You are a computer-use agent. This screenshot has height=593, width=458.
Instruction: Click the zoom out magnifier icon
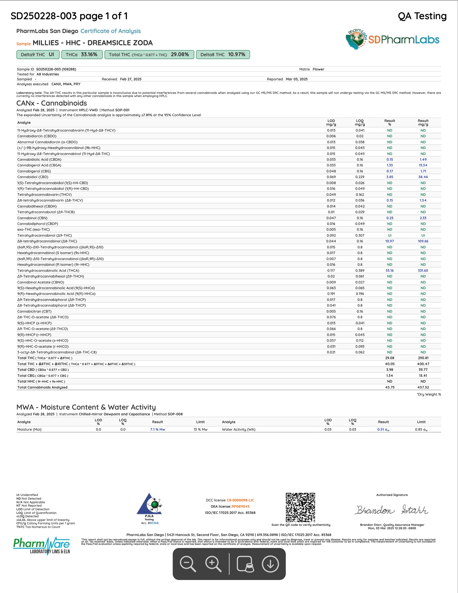coord(188,564)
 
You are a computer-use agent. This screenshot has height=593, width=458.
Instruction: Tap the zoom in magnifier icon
coord(213,564)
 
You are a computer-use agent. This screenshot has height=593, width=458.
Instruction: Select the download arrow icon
coord(270,564)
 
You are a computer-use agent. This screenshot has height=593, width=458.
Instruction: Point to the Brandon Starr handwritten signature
coord(392,510)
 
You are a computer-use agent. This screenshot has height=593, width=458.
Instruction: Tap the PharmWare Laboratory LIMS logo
coord(42,546)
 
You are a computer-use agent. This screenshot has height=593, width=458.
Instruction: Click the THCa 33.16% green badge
coord(82,55)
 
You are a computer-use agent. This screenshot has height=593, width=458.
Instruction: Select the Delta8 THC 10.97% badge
coord(223,55)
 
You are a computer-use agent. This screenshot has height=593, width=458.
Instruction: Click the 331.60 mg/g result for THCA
coord(423,270)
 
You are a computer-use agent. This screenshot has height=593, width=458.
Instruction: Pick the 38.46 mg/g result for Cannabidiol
coord(423,177)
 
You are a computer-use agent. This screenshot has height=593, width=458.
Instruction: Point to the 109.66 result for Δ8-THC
coord(423,241)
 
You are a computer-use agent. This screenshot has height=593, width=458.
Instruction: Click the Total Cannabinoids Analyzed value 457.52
coord(423,387)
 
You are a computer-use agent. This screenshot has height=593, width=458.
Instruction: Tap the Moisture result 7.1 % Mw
coord(158,429)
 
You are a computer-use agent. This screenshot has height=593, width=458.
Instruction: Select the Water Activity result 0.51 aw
coord(383,429)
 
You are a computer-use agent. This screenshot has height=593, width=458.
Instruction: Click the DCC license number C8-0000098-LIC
coord(240,500)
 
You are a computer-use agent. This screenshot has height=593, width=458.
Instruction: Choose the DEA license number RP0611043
coord(240,506)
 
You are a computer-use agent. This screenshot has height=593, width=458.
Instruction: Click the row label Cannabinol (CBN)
coord(32,218)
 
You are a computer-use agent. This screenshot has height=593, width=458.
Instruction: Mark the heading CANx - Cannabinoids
coord(51,103)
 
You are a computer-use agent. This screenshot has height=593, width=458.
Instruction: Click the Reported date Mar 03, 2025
coord(297,79)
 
